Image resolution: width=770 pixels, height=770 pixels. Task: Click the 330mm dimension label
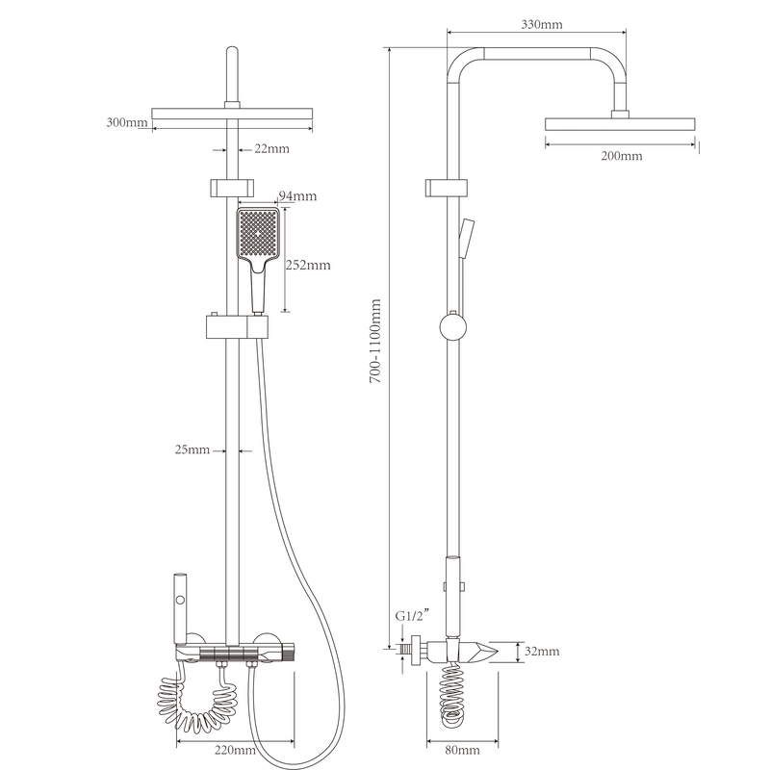542,24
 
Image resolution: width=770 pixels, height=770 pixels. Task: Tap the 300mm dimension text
127,122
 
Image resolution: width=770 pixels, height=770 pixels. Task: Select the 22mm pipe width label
271,148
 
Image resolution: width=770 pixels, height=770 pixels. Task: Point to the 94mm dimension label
297,196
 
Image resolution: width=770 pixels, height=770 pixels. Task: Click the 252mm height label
308,266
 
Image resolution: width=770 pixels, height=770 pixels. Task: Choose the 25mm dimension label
192,449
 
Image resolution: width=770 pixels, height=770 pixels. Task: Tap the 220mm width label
235,750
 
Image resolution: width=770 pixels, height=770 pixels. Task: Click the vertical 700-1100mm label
375,341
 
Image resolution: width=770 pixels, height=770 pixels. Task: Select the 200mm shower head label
621,156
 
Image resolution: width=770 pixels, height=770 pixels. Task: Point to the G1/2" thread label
413,615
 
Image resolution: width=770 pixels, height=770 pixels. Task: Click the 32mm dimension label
542,652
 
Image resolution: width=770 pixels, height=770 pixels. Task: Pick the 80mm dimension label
462,750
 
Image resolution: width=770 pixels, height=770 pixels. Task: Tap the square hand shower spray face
258,233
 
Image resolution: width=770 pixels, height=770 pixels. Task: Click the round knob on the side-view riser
452,327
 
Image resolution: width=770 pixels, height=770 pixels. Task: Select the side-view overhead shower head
620,124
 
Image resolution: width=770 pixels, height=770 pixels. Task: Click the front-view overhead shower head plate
232,114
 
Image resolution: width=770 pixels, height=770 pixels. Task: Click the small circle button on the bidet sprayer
180,600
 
